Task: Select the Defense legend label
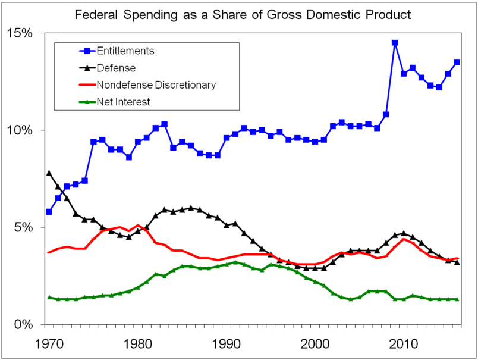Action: click(116, 68)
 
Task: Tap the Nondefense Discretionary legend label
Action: click(156, 84)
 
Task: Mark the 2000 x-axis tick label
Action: click(315, 344)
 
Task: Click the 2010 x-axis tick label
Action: click(404, 344)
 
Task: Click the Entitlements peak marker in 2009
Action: click(395, 43)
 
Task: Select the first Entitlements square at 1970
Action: click(49, 212)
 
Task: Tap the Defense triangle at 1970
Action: click(49, 173)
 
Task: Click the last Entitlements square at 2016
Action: click(457, 62)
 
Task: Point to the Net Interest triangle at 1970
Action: click(49, 298)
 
